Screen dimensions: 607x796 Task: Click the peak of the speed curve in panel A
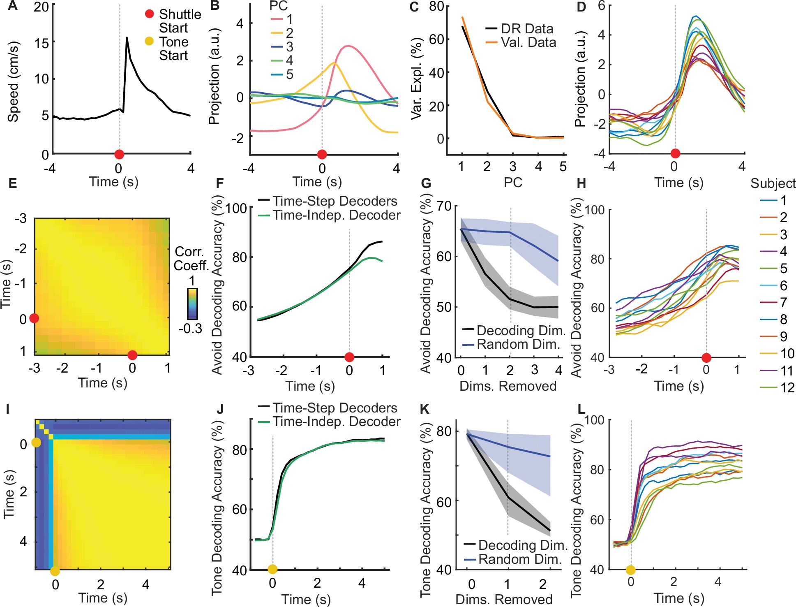(127, 38)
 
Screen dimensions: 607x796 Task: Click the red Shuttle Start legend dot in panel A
(150, 14)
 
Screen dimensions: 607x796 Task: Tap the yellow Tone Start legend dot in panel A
(150, 41)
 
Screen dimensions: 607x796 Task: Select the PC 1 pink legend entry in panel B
(281, 19)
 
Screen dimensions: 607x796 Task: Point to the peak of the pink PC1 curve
(348, 46)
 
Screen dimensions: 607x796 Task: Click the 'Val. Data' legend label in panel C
(528, 42)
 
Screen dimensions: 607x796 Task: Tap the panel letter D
(581, 7)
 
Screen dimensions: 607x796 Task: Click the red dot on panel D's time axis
(675, 153)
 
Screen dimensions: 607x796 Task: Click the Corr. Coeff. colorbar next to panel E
(192, 303)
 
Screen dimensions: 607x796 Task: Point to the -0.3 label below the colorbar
(190, 328)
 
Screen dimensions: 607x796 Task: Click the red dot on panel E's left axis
(34, 318)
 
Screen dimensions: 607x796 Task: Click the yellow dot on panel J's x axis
(272, 569)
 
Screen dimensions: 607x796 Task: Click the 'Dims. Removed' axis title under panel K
(504, 600)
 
